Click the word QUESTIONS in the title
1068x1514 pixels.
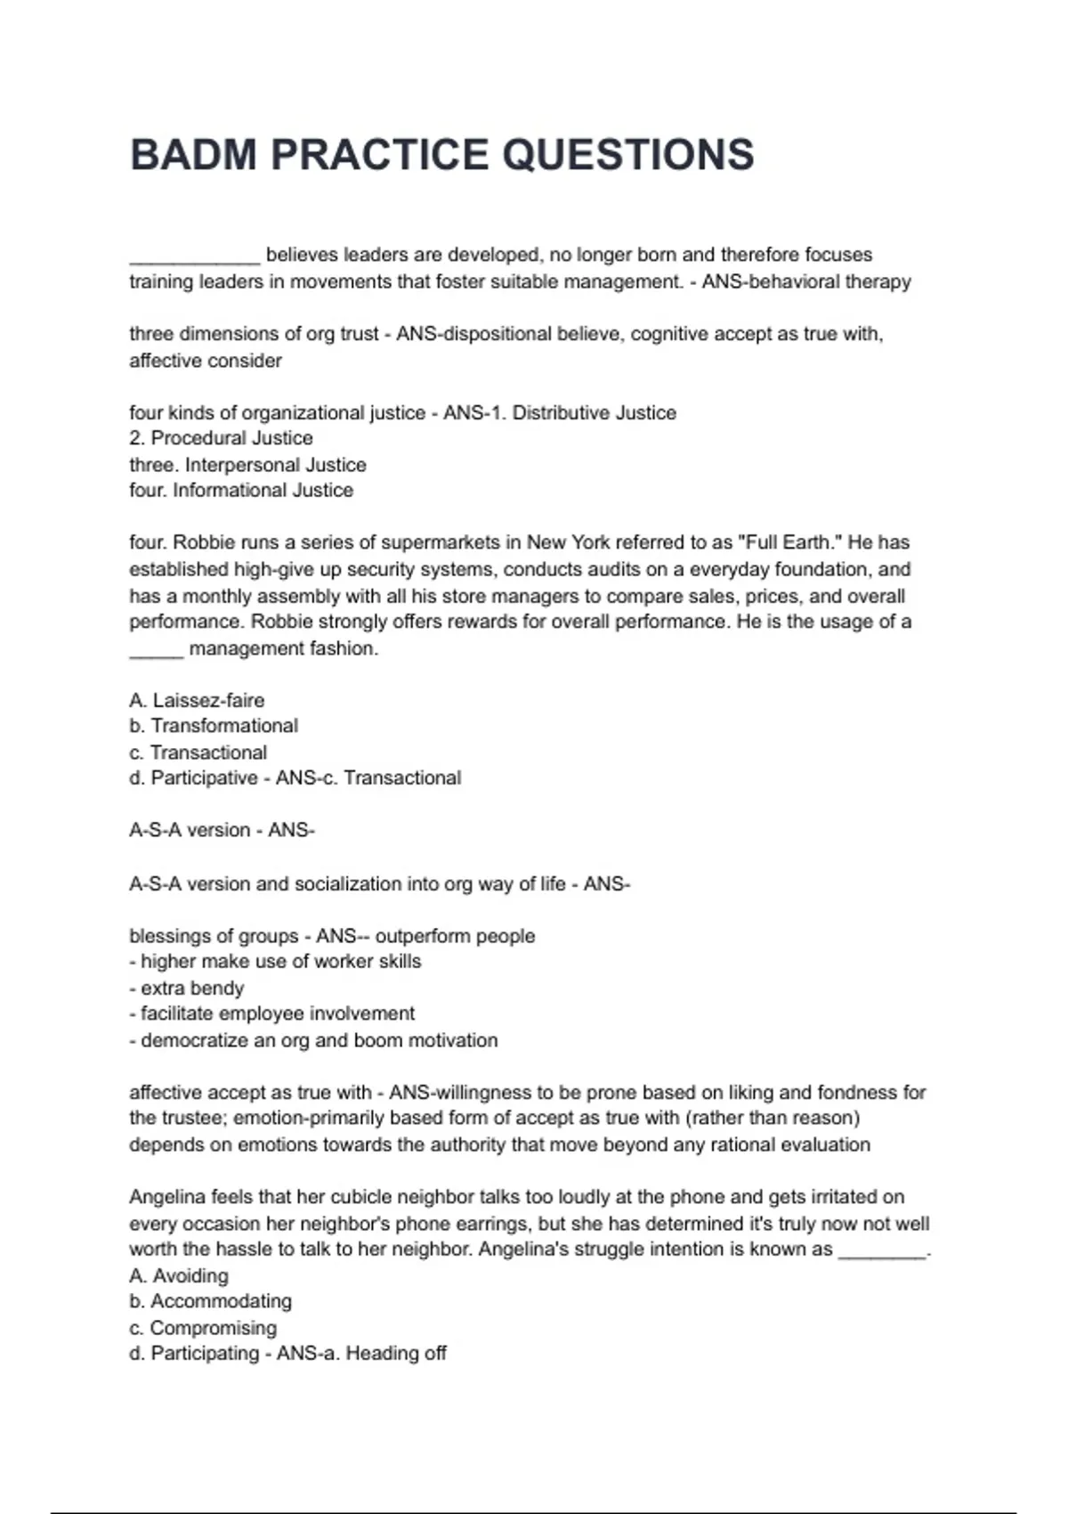pos(628,155)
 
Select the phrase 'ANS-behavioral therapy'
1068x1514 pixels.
pos(806,282)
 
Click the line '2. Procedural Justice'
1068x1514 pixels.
pos(221,438)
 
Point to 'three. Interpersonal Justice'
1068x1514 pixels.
pos(247,465)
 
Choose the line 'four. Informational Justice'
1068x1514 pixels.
pos(241,491)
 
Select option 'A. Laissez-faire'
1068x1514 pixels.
pos(197,701)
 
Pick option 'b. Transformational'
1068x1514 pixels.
pos(214,726)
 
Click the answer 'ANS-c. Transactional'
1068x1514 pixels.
pos(368,778)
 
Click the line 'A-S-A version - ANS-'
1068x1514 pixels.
pos(222,831)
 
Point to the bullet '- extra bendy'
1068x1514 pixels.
pos(187,989)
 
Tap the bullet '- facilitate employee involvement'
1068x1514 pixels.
pos(272,1014)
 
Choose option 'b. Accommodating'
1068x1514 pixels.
pos(210,1301)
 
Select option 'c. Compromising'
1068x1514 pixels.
pos(203,1328)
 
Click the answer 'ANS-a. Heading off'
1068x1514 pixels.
pos(361,1354)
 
